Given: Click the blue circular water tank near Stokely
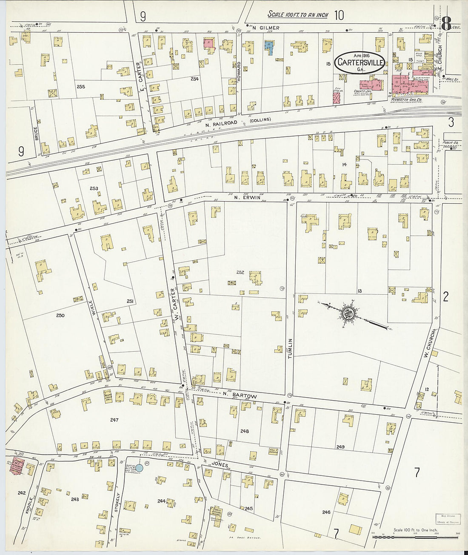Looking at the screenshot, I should pyautogui.click(x=139, y=468).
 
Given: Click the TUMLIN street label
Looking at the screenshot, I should pyautogui.click(x=290, y=348).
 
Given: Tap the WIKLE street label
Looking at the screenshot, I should pyautogui.click(x=93, y=307).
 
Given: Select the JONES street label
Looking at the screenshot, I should pyautogui.click(x=219, y=465).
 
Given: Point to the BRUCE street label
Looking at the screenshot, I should pyautogui.click(x=35, y=135).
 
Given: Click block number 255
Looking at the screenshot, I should pyautogui.click(x=81, y=86).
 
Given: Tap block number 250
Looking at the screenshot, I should pyautogui.click(x=60, y=315).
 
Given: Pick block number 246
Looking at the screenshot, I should pyautogui.click(x=326, y=512).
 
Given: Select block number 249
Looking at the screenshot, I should pyautogui.click(x=340, y=447).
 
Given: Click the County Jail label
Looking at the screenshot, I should pyautogui.click(x=360, y=91).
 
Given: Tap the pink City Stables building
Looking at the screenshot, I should pyautogui.click(x=337, y=98).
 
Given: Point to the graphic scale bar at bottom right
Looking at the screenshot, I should pyautogui.click(x=415, y=537).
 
